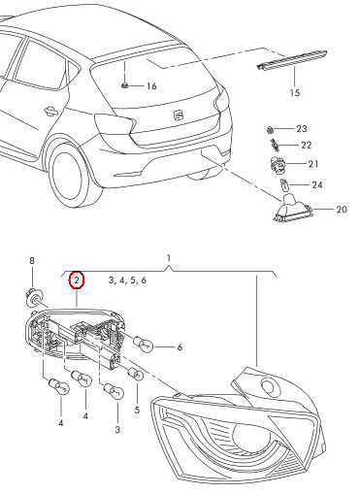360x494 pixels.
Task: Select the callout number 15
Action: pos(296,93)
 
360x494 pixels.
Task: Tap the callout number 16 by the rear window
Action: pos(150,86)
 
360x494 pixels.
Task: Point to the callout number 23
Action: pos(301,129)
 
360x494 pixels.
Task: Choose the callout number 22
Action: pos(306,145)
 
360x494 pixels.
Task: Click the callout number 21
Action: pos(313,164)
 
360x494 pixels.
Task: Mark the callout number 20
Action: pos(341,209)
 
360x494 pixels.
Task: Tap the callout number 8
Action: pos(31,261)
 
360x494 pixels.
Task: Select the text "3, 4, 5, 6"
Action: pos(127,280)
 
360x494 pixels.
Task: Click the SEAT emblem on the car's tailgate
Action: pos(179,116)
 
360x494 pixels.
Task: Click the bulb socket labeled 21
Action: pos(276,164)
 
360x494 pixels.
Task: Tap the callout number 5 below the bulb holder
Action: pos(137,411)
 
